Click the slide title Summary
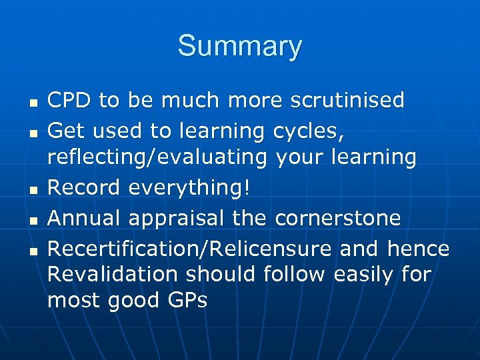click(x=239, y=47)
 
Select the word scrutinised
click(x=347, y=100)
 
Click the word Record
click(x=84, y=188)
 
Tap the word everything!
click(x=189, y=188)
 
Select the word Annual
click(x=84, y=217)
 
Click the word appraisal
click(x=177, y=217)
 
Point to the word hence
click(x=418, y=249)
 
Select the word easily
click(x=355, y=274)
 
